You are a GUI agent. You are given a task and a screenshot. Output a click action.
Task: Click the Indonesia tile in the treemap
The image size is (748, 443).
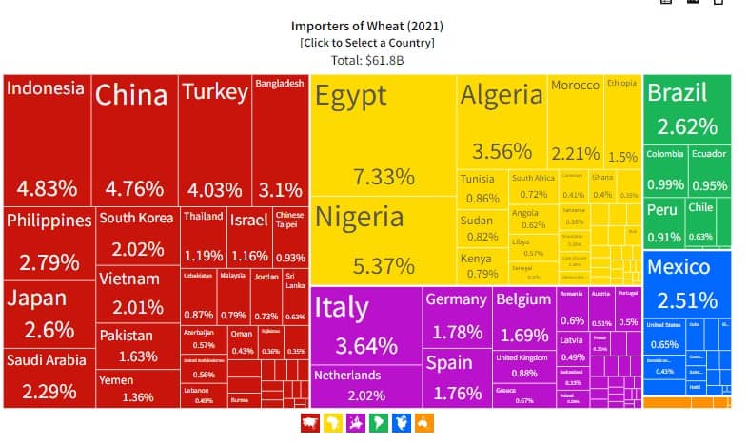point(47,138)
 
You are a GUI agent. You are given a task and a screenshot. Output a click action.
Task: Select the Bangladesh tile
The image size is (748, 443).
point(279,138)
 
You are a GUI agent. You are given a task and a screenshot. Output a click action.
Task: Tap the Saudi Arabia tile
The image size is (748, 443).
point(48,376)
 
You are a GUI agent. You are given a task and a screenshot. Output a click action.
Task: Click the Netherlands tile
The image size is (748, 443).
point(365,386)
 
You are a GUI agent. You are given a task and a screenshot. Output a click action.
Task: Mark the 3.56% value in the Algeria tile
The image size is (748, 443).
point(501,151)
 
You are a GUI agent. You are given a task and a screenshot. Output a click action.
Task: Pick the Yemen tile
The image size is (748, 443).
point(137,389)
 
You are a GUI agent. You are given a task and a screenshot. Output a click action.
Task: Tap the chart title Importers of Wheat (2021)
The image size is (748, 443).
point(367,26)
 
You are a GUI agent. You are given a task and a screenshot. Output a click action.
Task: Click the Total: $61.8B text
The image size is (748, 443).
point(367,60)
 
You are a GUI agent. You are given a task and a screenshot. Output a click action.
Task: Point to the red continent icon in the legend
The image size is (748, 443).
point(309,423)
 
